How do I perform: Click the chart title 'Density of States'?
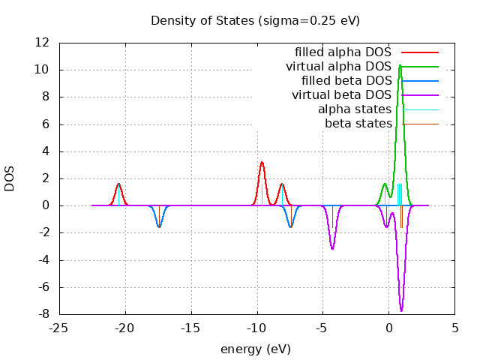[x=255, y=20]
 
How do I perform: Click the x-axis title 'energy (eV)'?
[x=255, y=349]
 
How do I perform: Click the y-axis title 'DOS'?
[x=10, y=178]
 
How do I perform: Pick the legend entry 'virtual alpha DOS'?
[x=338, y=67]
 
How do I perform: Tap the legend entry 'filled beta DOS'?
[x=346, y=81]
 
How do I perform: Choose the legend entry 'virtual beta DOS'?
[x=341, y=95]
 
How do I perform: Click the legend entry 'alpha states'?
[x=355, y=109]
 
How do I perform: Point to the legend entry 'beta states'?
[x=358, y=123]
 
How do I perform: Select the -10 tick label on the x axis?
[x=257, y=328]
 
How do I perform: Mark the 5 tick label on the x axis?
[x=455, y=328]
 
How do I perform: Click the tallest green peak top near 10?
[x=400, y=65]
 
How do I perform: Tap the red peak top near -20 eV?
[x=118, y=184]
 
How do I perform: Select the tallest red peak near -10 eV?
[x=262, y=162]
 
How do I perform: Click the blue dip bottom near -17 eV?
[x=159, y=226]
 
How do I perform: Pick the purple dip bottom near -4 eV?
[x=332, y=248]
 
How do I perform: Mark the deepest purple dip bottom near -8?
[x=401, y=310]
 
